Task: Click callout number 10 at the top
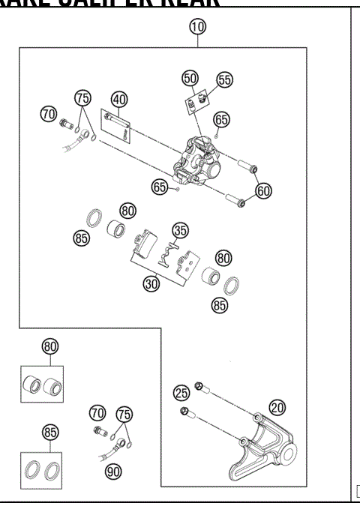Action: [197, 27]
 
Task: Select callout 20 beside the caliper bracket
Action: [277, 407]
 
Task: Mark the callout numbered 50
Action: [190, 78]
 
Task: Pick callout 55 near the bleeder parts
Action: [225, 79]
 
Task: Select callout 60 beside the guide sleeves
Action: [262, 190]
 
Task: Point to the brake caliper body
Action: [199, 162]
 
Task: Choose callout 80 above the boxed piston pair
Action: [49, 346]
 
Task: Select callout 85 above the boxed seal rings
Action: [49, 432]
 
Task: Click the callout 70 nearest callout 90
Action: [97, 412]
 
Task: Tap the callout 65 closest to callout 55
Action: [221, 118]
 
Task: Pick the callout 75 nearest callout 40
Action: [82, 98]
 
